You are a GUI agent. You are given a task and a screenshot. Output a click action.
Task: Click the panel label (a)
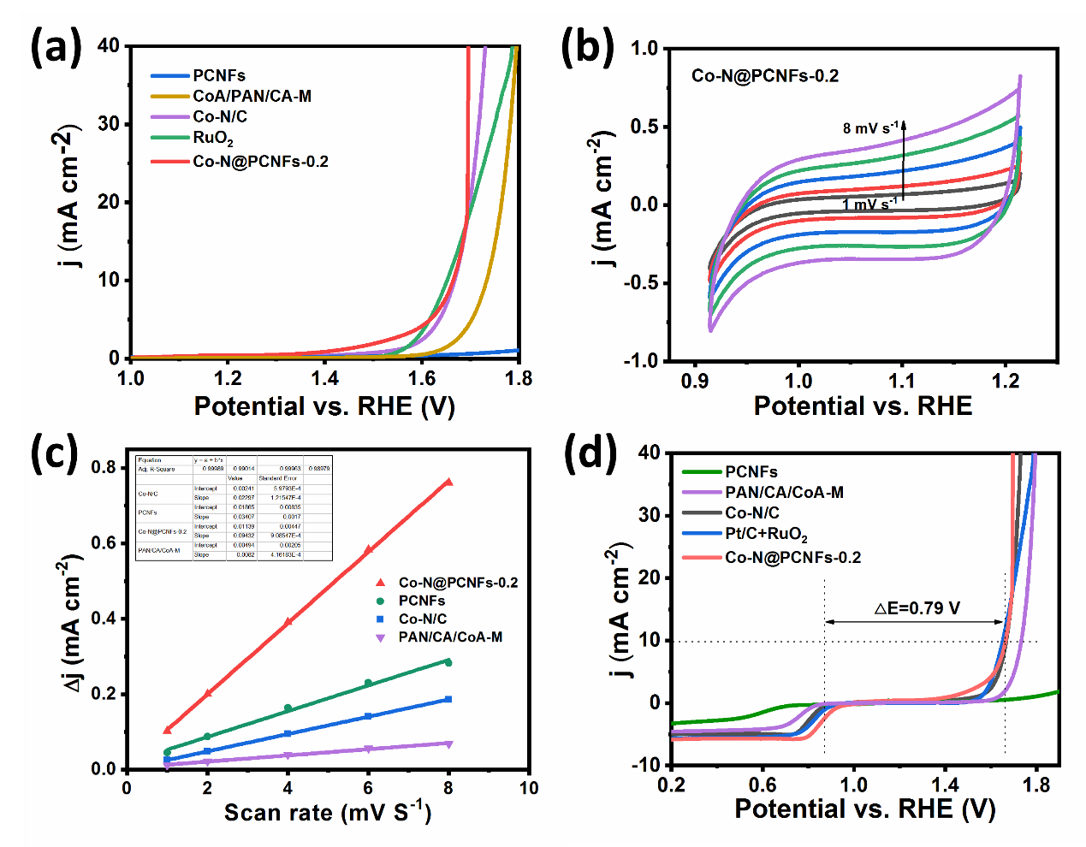[56, 47]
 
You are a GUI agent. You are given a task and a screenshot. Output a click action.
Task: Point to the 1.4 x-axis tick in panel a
[325, 378]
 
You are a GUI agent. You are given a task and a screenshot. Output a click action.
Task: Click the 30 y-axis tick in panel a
[109, 124]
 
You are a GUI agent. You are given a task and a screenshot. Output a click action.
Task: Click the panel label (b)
[588, 47]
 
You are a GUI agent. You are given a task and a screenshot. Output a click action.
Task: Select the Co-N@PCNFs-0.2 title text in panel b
[765, 76]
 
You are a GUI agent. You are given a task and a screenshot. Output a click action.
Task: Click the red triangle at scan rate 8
[448, 483]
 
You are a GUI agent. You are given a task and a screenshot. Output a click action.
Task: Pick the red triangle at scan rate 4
[288, 622]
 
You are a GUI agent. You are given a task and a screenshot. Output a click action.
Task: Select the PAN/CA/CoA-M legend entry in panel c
[450, 637]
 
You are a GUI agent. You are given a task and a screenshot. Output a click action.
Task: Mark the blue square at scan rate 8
[448, 700]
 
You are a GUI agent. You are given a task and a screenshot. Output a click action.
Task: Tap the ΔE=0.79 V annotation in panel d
[917, 608]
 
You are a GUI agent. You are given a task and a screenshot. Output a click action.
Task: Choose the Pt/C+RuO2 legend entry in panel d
[766, 535]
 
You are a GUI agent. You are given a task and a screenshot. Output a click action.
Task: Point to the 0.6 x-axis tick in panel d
[763, 785]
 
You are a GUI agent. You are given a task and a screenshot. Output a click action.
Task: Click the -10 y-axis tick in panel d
[647, 765]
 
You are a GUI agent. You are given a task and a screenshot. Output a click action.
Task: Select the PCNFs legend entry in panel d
[751, 471]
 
